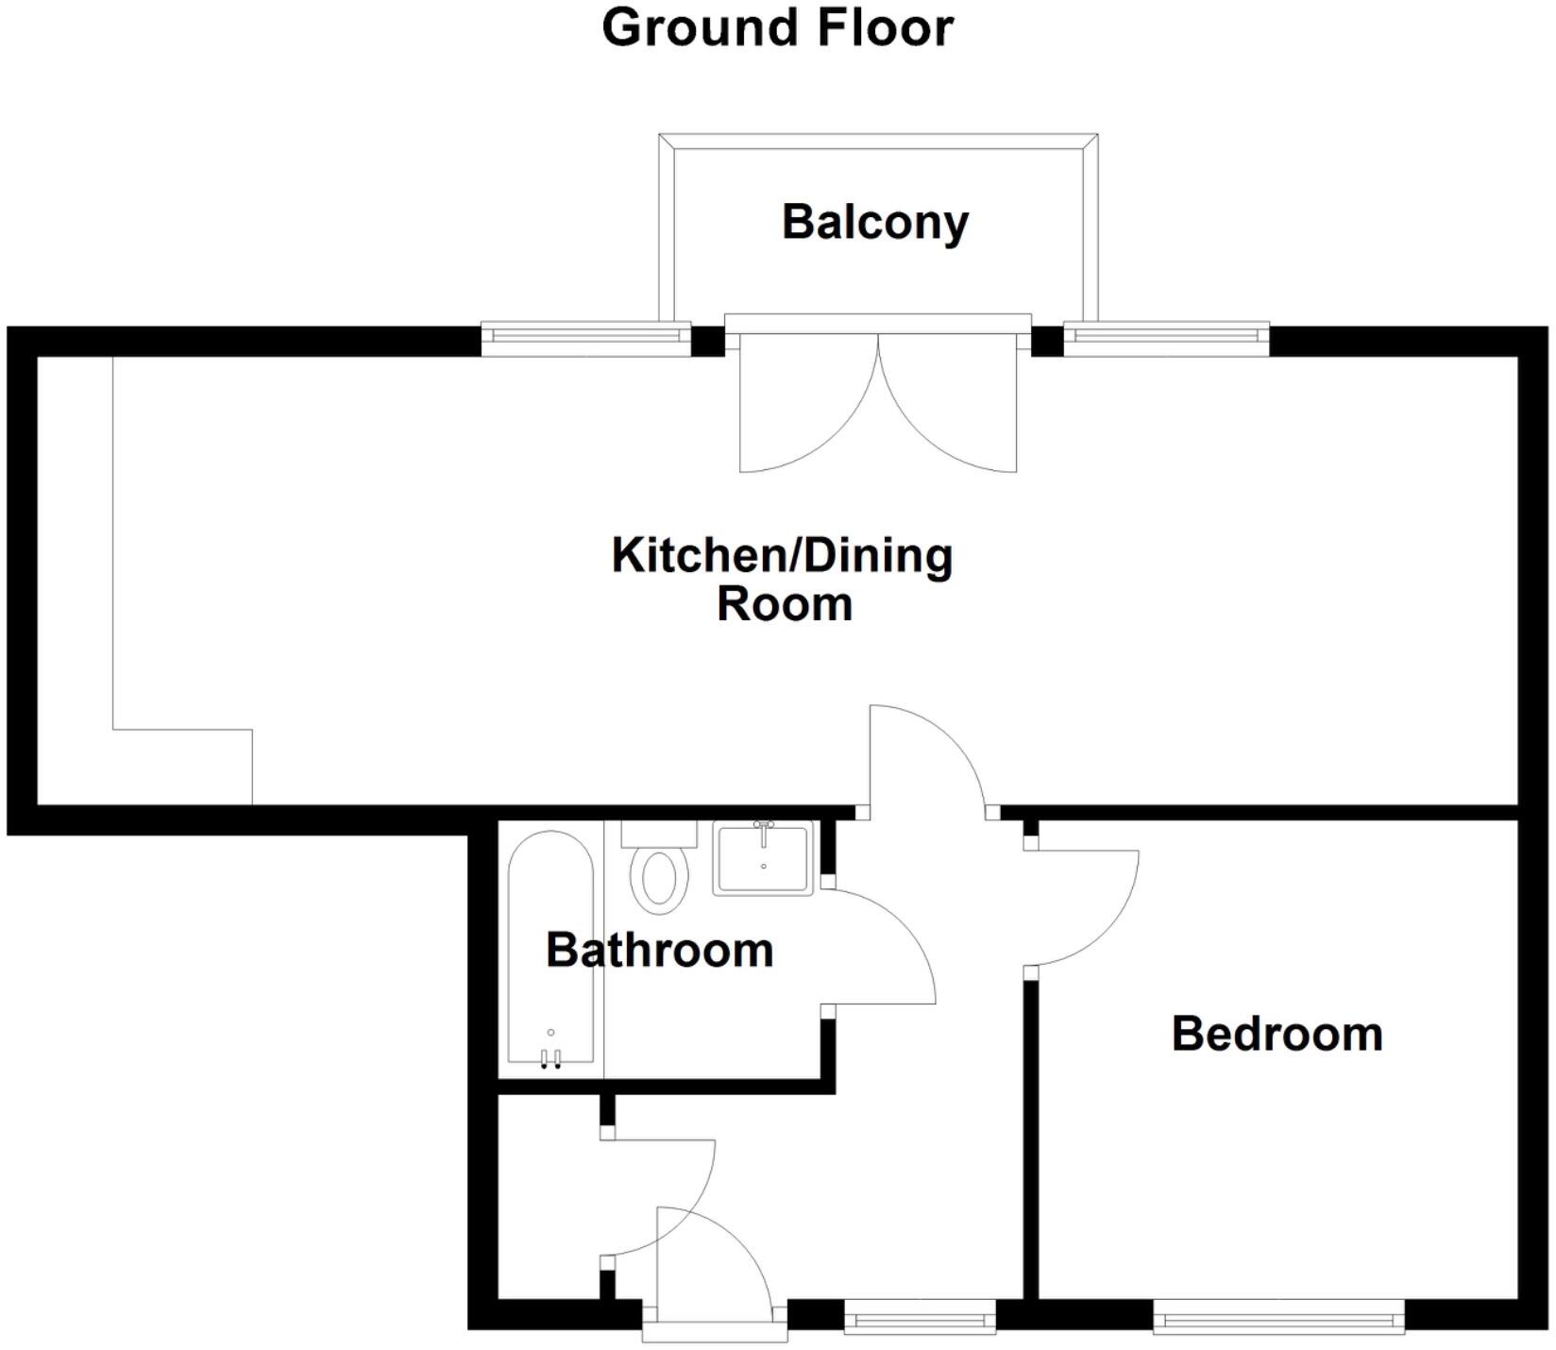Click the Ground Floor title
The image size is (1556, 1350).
pos(777,27)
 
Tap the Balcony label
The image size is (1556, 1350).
pos(875,222)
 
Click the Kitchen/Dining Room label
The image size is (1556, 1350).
pos(783,579)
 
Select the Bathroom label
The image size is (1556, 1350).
pos(659,950)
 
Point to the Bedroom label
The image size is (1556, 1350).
pos(1277,1034)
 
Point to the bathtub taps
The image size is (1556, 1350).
pos(550,1057)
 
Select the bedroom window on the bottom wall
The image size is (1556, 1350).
pos(1278,1316)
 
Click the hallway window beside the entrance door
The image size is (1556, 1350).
pos(920,1316)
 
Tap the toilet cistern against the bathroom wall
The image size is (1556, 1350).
pos(659,834)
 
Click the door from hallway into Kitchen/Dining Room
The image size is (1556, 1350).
pos(930,755)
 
